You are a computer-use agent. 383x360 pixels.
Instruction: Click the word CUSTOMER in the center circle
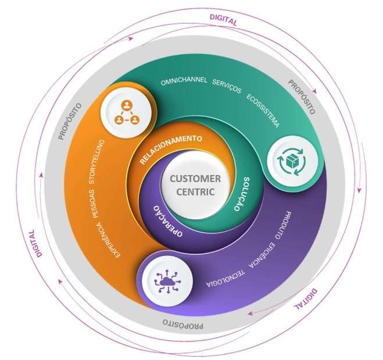click(191, 179)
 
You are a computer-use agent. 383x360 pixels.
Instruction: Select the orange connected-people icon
click(127, 112)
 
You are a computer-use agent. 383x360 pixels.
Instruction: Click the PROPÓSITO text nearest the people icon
click(70, 121)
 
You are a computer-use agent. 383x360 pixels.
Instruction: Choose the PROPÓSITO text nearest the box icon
click(301, 94)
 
